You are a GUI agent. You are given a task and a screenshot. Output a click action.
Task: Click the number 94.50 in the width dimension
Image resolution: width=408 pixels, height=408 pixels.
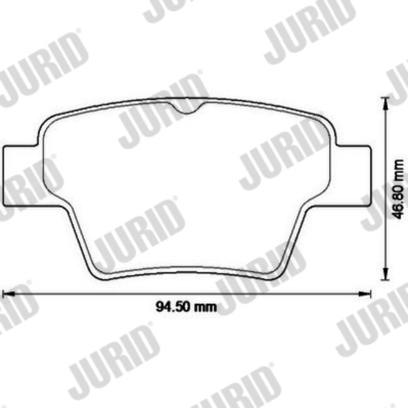pyautogui.click(x=171, y=307)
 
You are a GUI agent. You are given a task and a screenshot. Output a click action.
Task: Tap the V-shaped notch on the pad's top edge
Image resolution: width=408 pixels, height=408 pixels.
pyautogui.click(x=186, y=110)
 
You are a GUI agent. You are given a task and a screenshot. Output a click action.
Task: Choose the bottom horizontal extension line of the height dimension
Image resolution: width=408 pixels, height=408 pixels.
pyautogui.click(x=358, y=280)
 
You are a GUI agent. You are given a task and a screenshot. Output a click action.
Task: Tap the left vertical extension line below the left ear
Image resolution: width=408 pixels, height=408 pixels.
pyautogui.click(x=4, y=251)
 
